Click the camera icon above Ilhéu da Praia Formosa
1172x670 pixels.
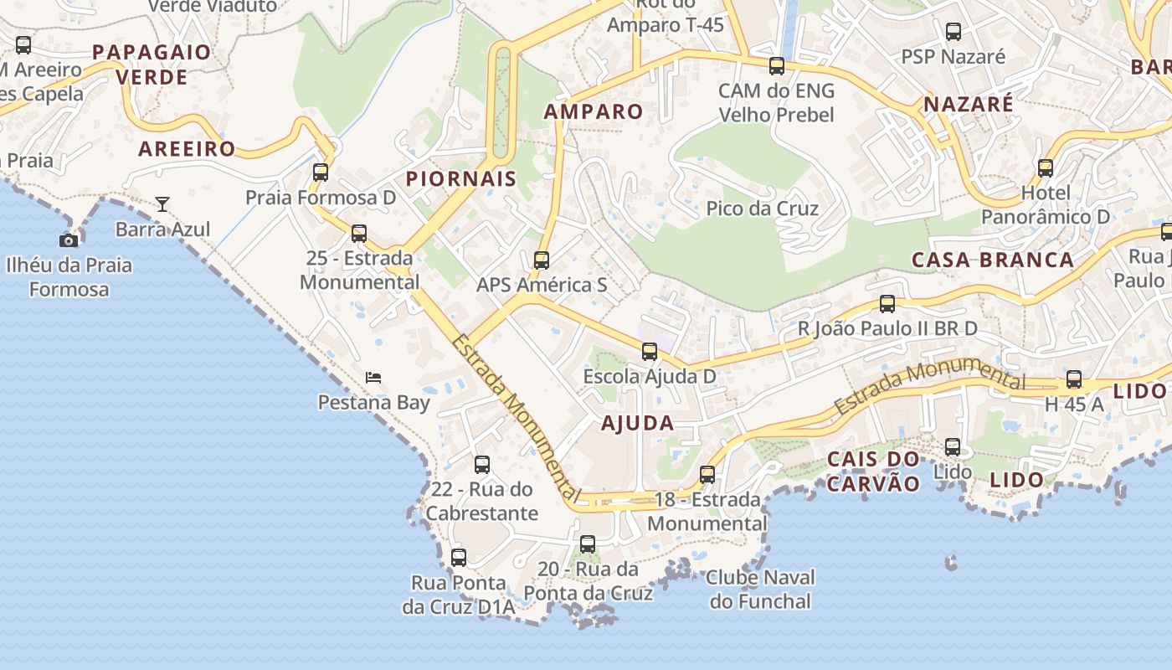69,240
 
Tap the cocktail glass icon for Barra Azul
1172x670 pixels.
162,204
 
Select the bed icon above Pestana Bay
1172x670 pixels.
373,378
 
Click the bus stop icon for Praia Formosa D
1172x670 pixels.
321,173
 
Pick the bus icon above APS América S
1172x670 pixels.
542,260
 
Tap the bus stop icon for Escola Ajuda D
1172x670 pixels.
650,352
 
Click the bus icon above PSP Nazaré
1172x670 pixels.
954,32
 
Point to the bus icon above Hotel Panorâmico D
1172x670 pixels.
1046,168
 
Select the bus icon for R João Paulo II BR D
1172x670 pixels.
887,304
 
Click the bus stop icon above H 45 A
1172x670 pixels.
1074,379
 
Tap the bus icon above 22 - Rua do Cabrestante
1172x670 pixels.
482,465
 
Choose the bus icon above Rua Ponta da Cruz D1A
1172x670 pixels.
459,558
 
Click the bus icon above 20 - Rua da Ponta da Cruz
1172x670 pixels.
588,544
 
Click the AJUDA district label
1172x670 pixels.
638,423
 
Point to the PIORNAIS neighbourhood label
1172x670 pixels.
461,178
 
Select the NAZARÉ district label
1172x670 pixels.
968,105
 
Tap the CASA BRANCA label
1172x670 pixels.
992,260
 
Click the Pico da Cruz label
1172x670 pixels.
762,209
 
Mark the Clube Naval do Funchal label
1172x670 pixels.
760,589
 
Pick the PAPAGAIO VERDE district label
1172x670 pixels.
152,64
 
